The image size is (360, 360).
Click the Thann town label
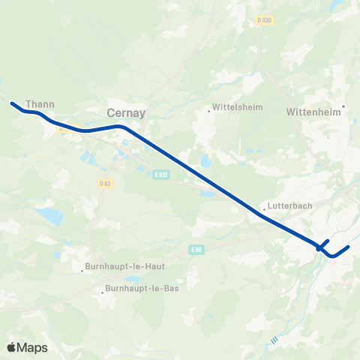40,104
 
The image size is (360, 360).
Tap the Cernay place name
126,112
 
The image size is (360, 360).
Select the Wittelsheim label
238,107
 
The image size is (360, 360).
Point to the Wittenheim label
313,111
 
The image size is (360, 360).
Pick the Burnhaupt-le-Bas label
142,288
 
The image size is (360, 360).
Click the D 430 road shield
263,19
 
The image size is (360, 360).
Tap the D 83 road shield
104,184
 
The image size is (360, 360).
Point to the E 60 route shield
196,249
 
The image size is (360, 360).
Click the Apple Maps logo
27,347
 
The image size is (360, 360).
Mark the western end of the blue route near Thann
12,103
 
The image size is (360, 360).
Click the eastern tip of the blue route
349,246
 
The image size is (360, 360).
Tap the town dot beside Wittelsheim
209,111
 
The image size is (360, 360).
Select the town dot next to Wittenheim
343,106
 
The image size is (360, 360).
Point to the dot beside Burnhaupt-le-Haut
83,271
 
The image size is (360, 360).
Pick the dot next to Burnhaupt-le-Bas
101,292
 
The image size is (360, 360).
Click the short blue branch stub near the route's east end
325,242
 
